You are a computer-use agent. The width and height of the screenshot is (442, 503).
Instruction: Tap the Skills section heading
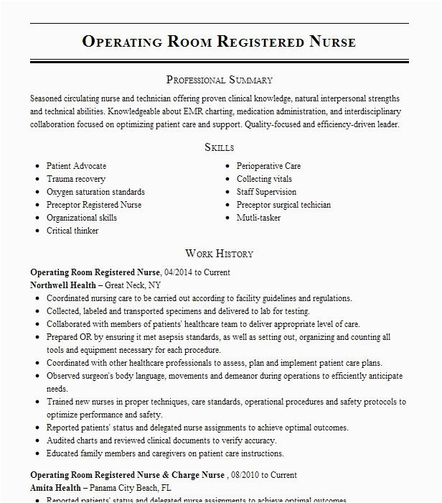click(219, 147)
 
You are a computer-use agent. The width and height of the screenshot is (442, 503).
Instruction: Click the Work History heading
click(219, 254)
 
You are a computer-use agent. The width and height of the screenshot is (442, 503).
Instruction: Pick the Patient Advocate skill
click(76, 166)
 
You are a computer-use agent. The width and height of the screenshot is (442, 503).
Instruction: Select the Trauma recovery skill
click(76, 179)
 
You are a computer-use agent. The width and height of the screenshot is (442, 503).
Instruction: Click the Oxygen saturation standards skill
click(95, 192)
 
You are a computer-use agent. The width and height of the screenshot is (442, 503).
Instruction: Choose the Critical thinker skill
click(72, 231)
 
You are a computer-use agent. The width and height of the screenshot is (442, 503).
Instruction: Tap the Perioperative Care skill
click(268, 166)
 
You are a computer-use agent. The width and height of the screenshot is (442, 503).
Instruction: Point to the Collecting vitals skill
click(264, 179)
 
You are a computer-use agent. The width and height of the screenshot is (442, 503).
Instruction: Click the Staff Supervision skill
click(266, 192)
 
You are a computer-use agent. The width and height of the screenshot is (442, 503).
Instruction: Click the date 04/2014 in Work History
click(179, 273)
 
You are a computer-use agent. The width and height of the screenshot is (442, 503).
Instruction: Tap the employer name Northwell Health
click(62, 285)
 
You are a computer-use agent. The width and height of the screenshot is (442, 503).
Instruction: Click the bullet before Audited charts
click(37, 441)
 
